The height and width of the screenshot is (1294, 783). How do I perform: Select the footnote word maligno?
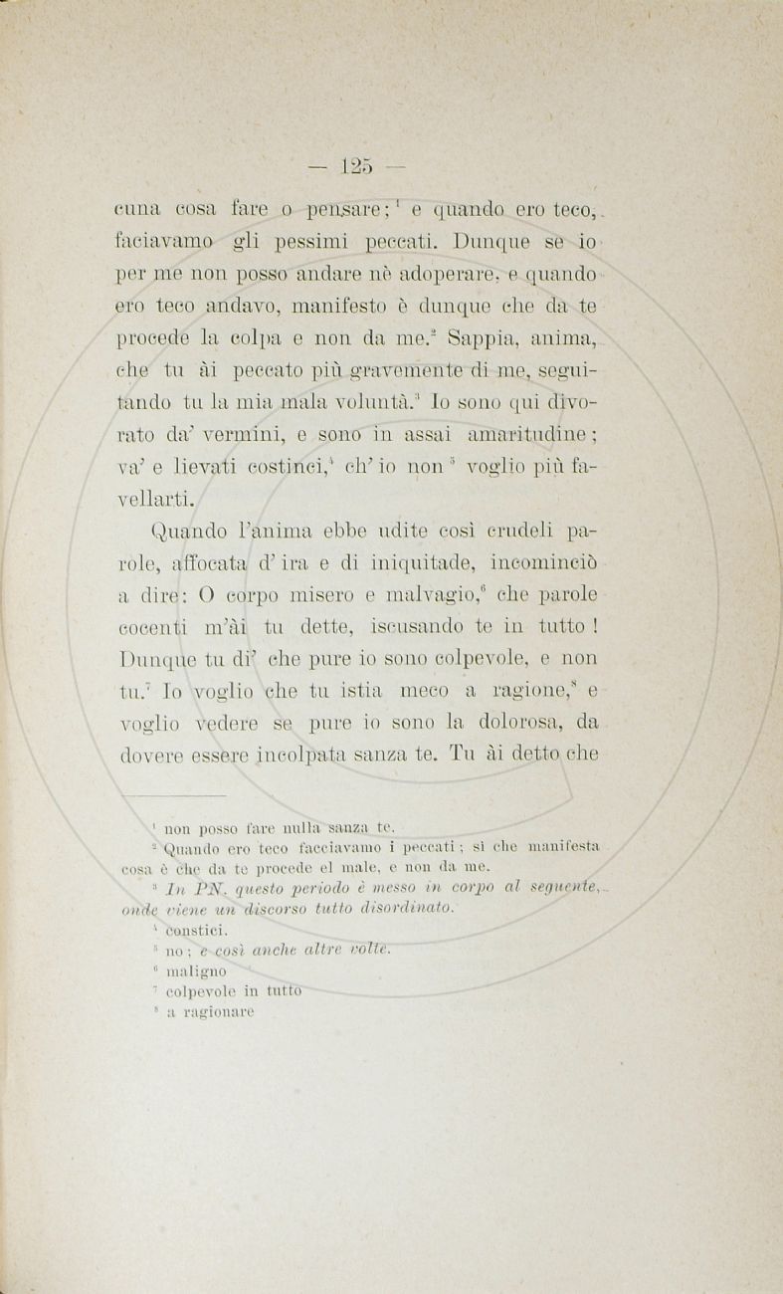pos(196,970)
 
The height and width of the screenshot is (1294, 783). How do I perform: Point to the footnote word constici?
pos(197,930)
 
